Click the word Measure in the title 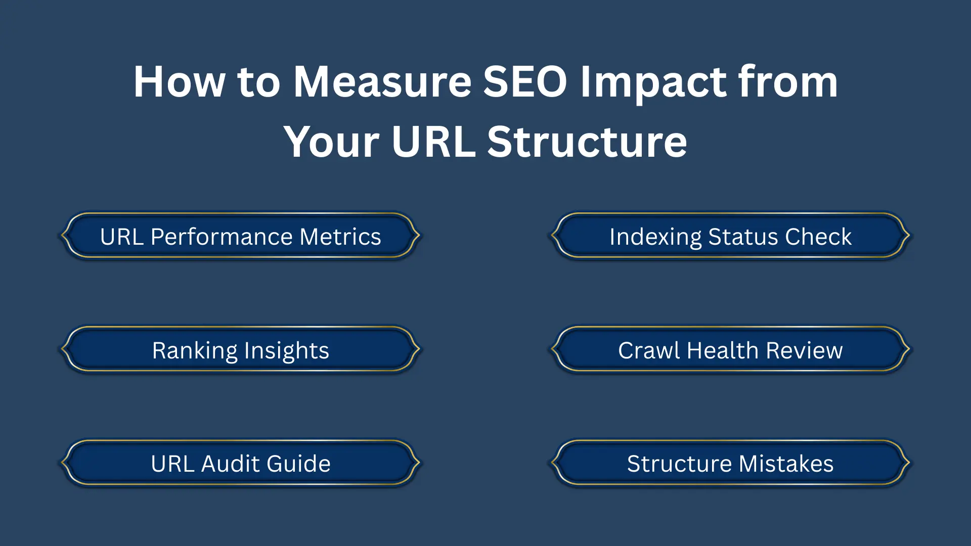[x=382, y=82]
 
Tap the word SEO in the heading [x=525, y=82]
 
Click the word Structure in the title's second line [x=587, y=142]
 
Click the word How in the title [x=179, y=82]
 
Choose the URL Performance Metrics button [x=241, y=236]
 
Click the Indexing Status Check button [x=730, y=236]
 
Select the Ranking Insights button [x=241, y=349]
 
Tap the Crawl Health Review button [x=730, y=349]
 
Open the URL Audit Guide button [x=241, y=463]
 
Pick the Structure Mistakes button [x=730, y=463]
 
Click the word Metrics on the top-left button [x=340, y=237]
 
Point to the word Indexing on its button [x=655, y=238]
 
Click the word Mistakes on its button [x=786, y=464]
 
